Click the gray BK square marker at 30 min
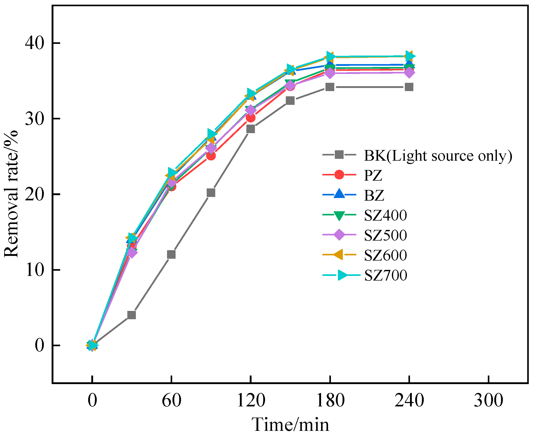pyautogui.click(x=131, y=315)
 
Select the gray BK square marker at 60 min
pyautogui.click(x=171, y=255)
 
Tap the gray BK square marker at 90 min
pyautogui.click(x=211, y=193)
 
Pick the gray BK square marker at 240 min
pyautogui.click(x=409, y=87)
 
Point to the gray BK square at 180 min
pyautogui.click(x=330, y=87)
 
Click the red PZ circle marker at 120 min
pyautogui.click(x=251, y=118)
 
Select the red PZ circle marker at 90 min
pyautogui.click(x=211, y=156)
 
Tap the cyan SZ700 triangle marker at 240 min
pyautogui.click(x=410, y=56)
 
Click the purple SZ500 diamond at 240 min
pyautogui.click(x=409, y=72)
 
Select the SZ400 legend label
pyautogui.click(x=385, y=215)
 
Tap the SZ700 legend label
pyautogui.click(x=385, y=275)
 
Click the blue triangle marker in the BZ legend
pyautogui.click(x=339, y=194)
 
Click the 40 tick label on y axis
pyautogui.click(x=34, y=43)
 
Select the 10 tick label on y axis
pyautogui.click(x=34, y=270)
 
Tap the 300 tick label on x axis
pyautogui.click(x=488, y=400)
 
